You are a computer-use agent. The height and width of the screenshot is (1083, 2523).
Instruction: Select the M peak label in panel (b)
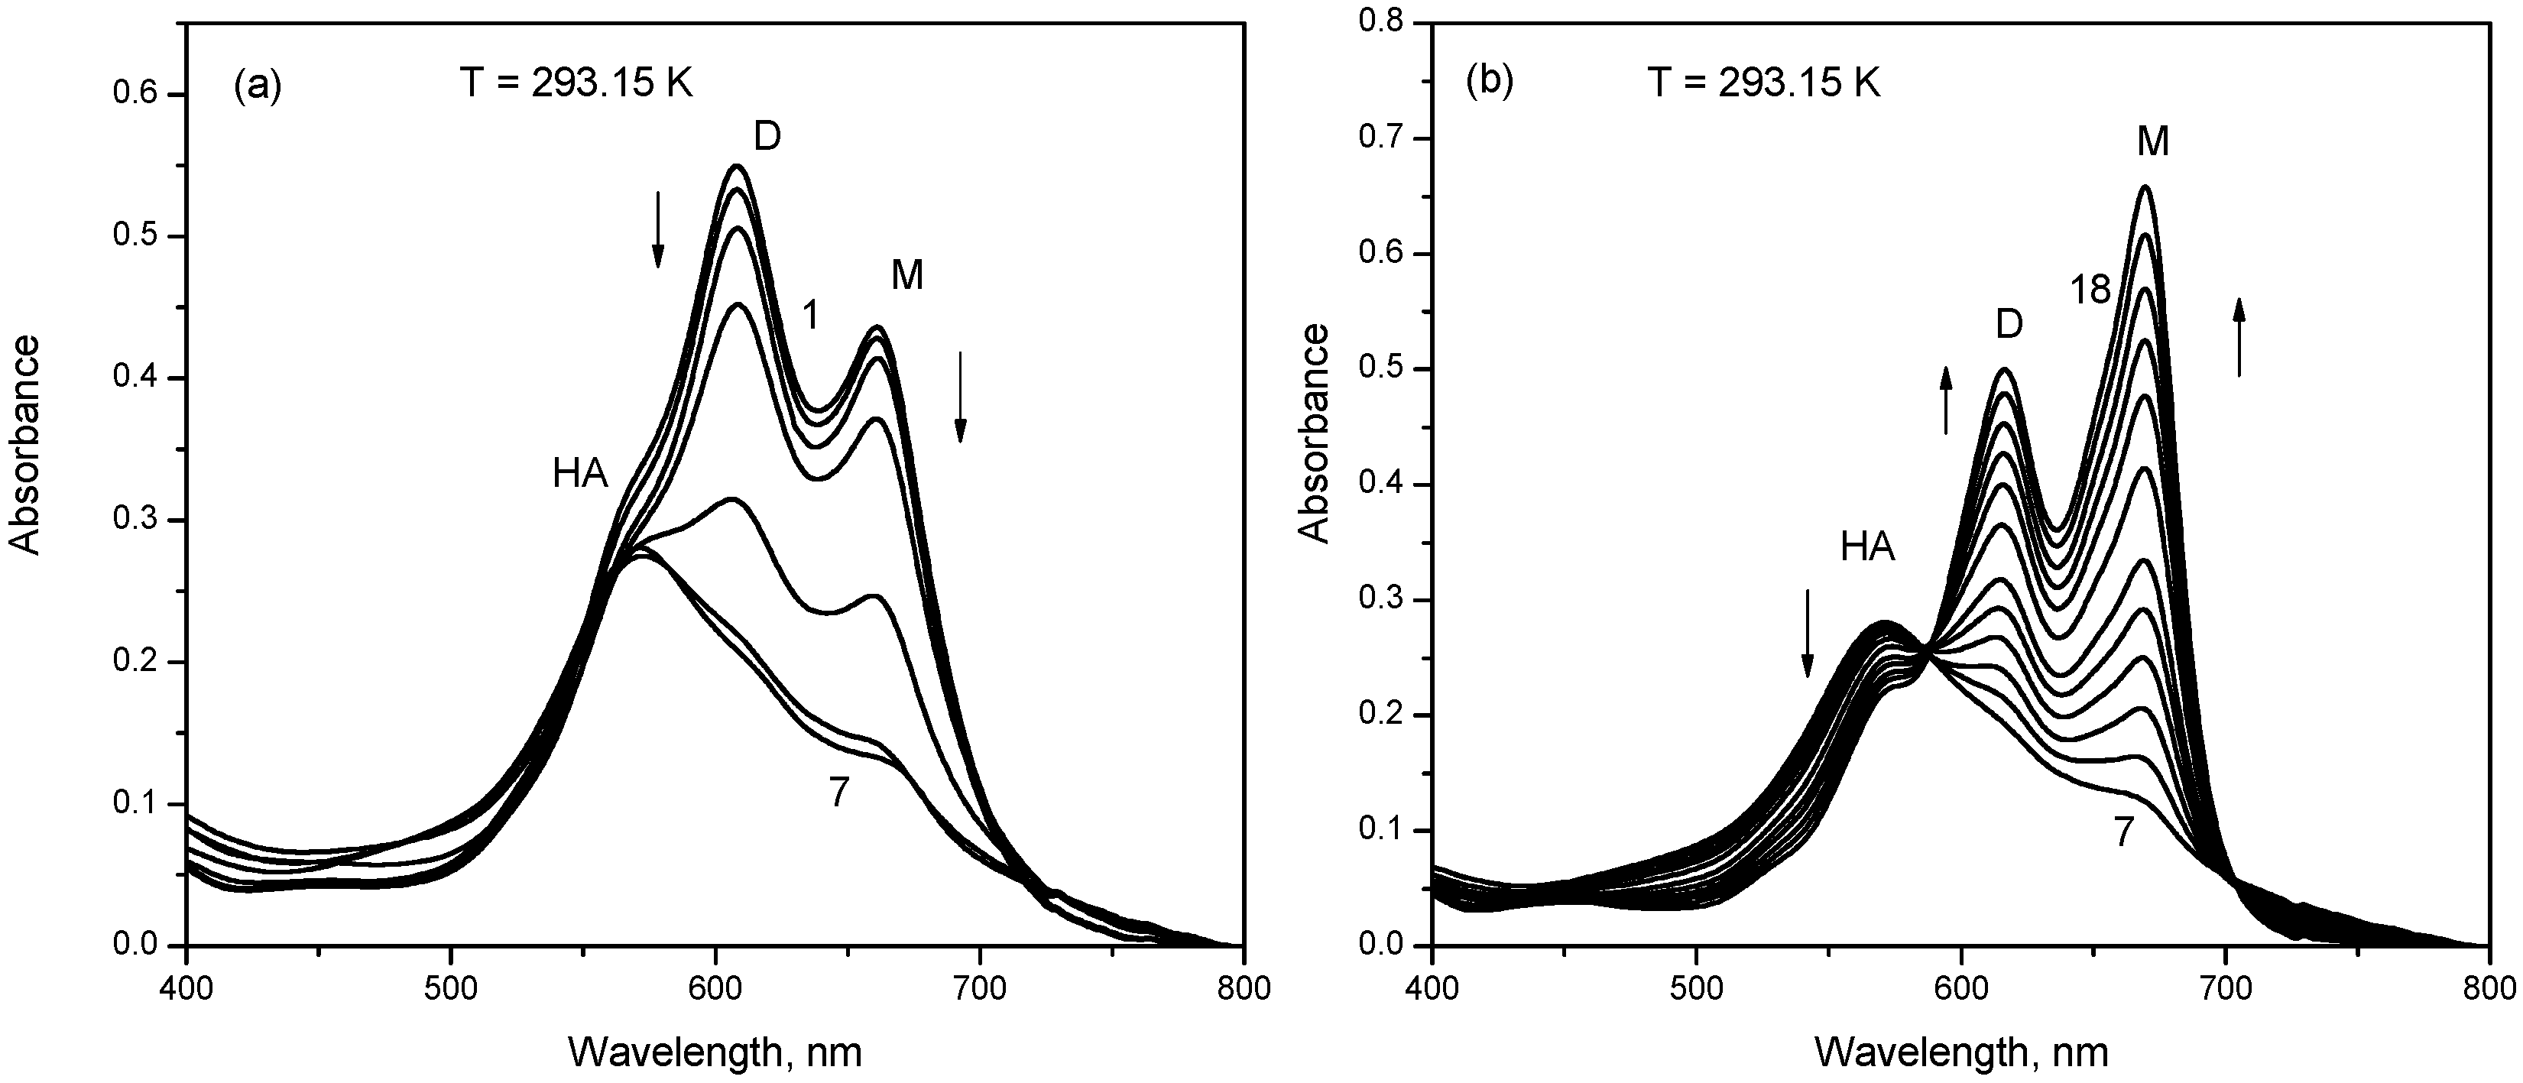point(2153,143)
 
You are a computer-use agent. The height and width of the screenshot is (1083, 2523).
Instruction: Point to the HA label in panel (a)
point(580,474)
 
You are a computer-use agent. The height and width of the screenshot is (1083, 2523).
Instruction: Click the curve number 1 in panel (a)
point(810,316)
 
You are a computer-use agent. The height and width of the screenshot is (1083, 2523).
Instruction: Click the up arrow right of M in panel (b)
point(2239,337)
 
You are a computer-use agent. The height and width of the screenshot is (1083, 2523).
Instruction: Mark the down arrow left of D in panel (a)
point(658,229)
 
